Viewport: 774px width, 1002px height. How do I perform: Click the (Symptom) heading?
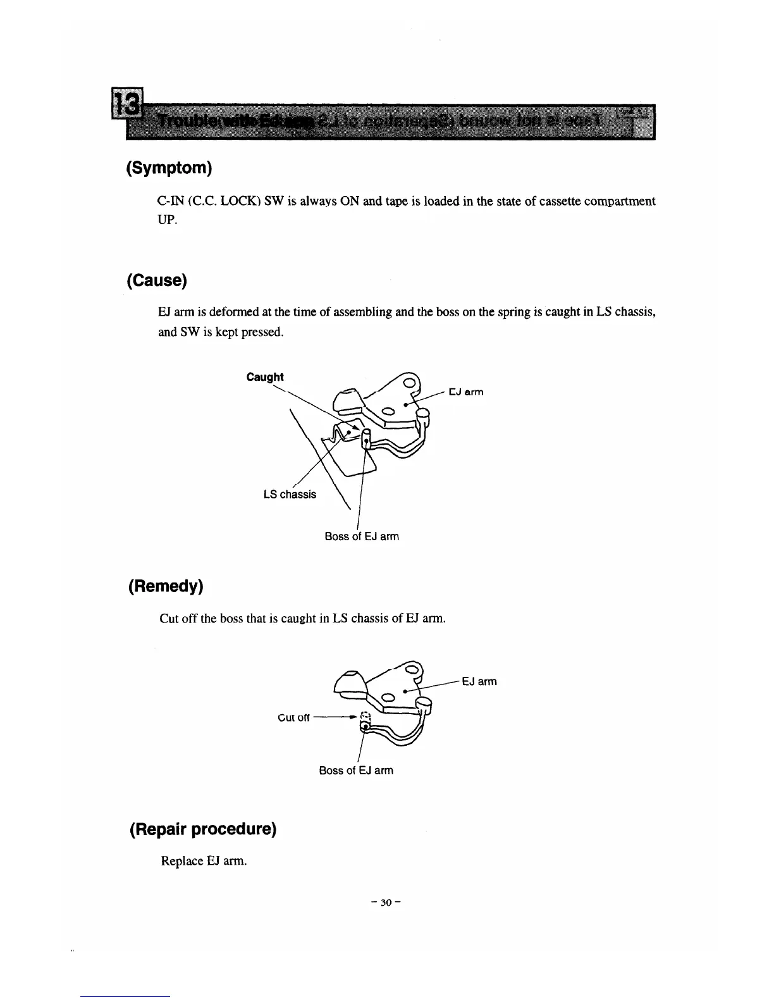point(168,168)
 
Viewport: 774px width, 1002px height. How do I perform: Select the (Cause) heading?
point(157,280)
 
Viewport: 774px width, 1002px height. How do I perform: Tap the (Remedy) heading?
point(165,586)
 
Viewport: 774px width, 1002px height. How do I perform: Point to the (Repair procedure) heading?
point(202,829)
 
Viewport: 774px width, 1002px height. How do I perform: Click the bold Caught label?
point(265,377)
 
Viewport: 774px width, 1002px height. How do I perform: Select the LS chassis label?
point(290,494)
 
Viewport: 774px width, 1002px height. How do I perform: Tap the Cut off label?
point(294,717)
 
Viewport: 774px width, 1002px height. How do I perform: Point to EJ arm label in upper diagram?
point(466,392)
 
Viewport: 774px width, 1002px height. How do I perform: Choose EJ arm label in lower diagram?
point(479,681)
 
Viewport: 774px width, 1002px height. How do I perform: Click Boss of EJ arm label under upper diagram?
point(362,536)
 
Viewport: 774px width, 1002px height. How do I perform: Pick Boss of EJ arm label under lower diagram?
point(356,770)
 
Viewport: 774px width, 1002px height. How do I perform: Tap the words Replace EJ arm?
point(204,861)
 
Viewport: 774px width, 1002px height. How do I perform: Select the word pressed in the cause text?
point(262,332)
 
